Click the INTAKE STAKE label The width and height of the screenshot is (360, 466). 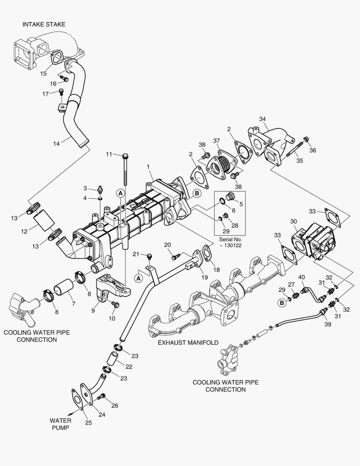point(44,24)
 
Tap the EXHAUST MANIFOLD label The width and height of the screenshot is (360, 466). point(188,342)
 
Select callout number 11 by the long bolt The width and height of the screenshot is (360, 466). point(109,154)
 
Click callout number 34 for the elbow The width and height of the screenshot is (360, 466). point(262,119)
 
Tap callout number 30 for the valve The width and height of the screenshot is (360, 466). point(293,221)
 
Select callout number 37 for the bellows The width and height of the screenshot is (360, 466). point(216,141)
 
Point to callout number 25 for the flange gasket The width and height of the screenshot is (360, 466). point(88,423)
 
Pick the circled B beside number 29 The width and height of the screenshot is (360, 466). point(282,303)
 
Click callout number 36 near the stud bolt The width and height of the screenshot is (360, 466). point(313,150)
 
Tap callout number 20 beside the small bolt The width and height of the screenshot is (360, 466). point(167,245)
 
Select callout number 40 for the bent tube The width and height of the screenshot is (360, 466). point(301,277)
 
